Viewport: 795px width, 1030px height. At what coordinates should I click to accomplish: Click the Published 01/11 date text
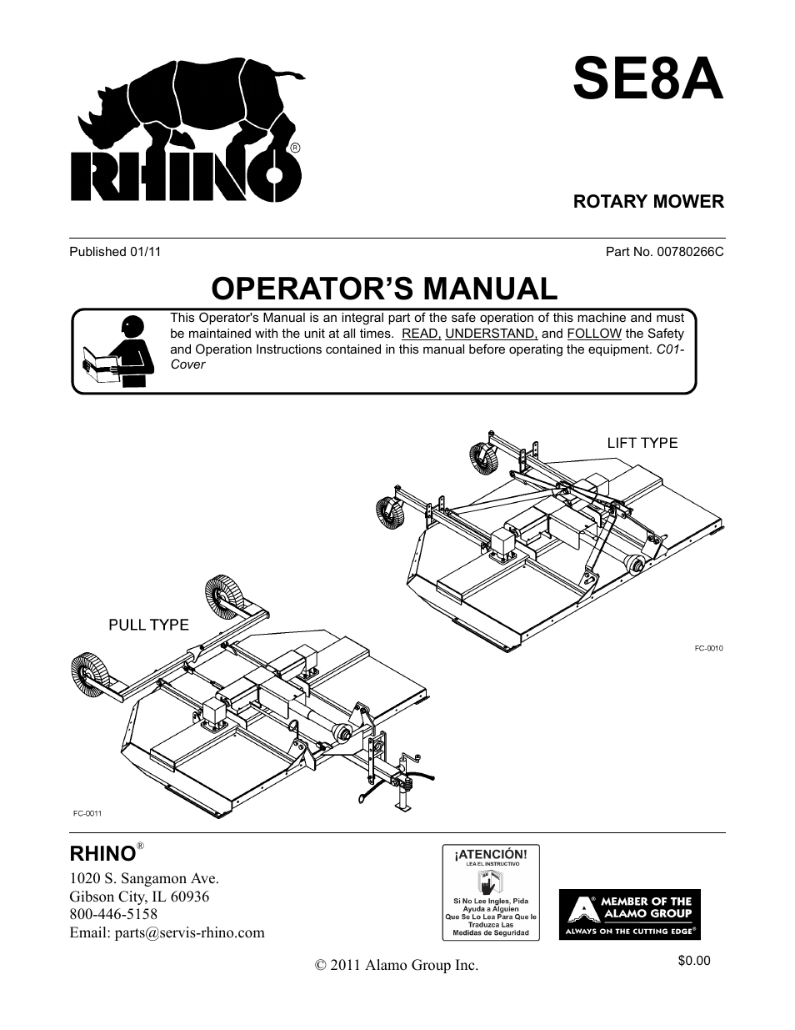[115, 251]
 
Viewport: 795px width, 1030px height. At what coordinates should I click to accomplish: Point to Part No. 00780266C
[664, 251]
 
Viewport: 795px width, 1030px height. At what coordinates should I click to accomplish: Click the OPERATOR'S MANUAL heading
[384, 289]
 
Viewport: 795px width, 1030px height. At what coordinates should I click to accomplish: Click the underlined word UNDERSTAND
[491, 334]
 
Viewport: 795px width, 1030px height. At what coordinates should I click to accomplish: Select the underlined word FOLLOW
[594, 334]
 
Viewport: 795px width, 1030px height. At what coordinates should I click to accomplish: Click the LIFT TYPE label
[642, 443]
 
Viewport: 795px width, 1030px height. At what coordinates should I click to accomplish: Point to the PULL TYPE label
[149, 625]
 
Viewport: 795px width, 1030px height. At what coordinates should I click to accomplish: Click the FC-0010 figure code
[708, 648]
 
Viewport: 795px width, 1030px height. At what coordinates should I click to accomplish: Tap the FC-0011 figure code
[86, 811]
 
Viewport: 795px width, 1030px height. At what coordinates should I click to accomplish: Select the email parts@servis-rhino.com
[167, 932]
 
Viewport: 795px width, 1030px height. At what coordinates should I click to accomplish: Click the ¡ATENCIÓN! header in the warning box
[491, 855]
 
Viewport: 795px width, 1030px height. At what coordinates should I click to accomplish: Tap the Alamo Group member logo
[629, 915]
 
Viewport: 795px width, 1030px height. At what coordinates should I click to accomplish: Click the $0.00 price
[694, 961]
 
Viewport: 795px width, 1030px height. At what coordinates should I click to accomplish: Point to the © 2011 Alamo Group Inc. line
[397, 965]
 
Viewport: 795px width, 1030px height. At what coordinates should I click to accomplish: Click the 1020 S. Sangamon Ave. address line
[144, 878]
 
